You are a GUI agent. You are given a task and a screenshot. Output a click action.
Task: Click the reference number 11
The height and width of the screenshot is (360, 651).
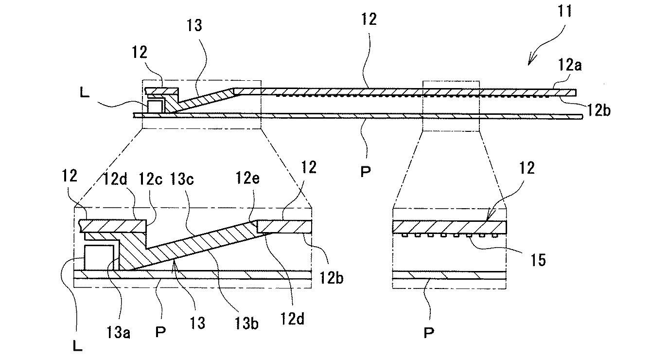coord(564,11)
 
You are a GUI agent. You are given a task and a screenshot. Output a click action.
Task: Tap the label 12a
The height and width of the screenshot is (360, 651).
coord(570,65)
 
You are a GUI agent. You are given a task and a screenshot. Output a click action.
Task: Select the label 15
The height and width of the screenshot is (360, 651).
coord(538,260)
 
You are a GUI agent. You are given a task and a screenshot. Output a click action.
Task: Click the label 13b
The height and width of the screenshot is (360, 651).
coord(246,324)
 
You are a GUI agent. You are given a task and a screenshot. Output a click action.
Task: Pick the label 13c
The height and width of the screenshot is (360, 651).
coord(182,179)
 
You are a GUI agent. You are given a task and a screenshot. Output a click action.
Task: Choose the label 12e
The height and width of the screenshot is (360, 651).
coord(247,178)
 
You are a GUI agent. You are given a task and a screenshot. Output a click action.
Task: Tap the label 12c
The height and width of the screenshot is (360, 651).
coord(151,179)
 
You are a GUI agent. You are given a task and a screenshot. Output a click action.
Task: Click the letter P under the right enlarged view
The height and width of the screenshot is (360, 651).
coord(429,333)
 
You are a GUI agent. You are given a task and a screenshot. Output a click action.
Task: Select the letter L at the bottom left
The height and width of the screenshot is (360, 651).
coord(77,346)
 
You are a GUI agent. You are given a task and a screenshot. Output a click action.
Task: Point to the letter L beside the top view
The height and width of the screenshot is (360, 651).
coord(85,93)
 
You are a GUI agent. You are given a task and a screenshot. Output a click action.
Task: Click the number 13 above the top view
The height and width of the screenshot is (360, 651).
coord(194,25)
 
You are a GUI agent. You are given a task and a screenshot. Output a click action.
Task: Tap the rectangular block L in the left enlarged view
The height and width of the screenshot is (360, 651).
coord(99,257)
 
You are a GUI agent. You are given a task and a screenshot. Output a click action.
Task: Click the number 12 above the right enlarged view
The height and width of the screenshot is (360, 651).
coord(527,168)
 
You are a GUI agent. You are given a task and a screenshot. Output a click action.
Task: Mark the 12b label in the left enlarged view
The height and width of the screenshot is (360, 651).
coord(332,278)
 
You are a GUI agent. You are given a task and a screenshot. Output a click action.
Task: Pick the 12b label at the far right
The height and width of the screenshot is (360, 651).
coord(598,110)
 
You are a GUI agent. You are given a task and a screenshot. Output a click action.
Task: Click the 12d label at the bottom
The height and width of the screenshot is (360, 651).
coord(292,319)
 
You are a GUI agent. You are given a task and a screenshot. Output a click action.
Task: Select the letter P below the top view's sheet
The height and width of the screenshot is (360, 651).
coord(365,172)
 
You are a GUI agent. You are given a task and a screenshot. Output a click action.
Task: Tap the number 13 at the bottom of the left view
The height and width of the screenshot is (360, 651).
coord(197,323)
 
